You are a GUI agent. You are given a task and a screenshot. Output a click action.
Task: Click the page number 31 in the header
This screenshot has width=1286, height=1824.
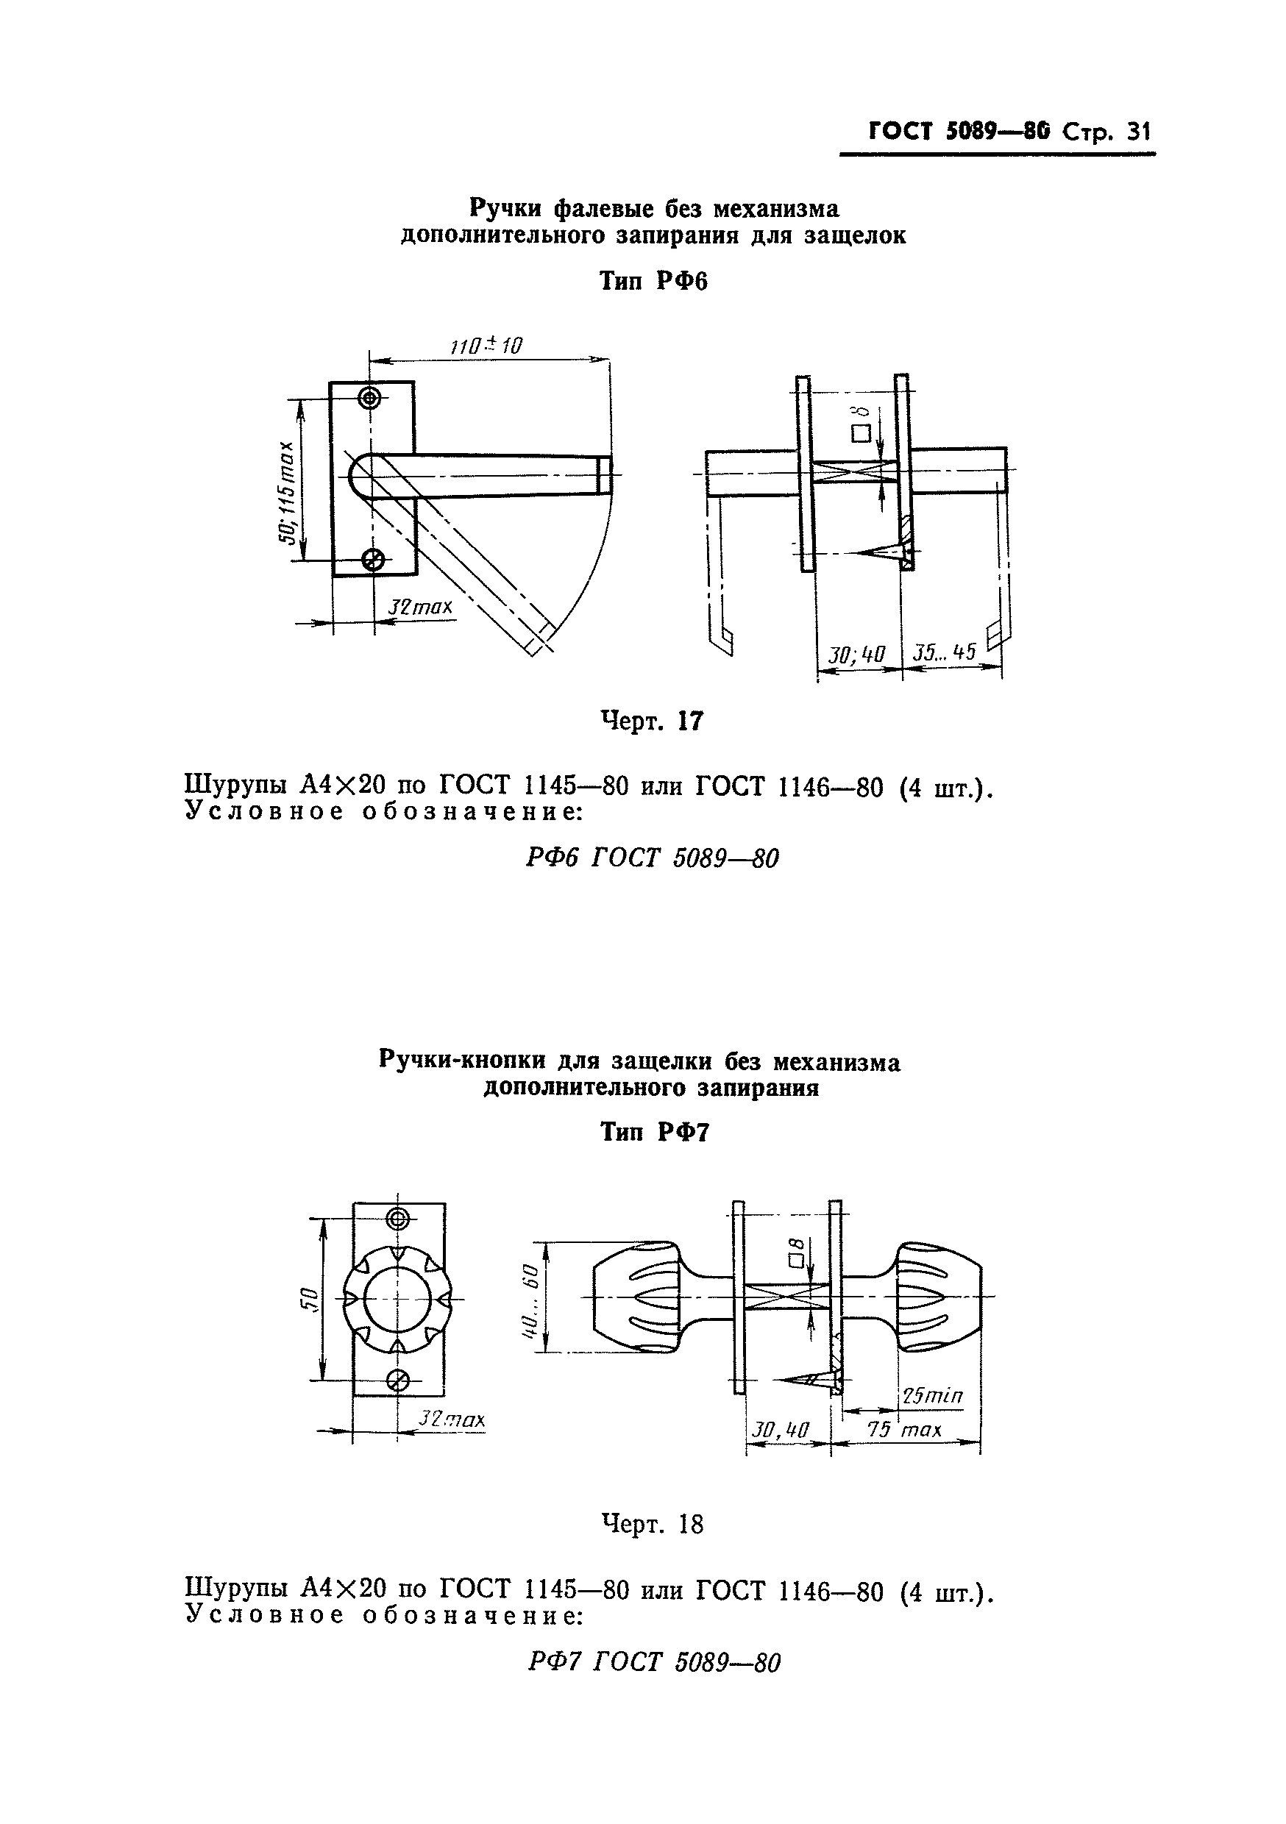1138,132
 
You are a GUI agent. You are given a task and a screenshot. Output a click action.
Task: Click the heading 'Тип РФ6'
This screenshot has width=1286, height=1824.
653,281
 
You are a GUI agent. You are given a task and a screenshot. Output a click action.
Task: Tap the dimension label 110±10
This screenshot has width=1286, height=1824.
486,346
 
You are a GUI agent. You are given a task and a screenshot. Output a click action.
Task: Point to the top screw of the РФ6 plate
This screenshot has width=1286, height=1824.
369,398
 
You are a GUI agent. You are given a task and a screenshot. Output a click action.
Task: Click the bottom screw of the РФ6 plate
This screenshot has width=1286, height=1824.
372,560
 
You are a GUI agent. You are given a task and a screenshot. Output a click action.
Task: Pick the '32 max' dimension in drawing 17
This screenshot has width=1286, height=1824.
419,607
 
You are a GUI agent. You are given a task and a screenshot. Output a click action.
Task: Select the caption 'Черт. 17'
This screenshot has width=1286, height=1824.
652,721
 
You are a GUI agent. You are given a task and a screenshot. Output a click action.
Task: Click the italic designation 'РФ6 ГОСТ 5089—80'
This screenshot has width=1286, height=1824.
652,858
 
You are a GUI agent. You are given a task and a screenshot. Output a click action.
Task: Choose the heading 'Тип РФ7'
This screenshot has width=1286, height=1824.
653,1131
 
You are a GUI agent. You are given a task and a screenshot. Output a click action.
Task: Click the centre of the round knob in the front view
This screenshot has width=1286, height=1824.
397,1300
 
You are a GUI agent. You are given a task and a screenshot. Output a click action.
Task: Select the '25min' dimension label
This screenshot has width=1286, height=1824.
931,1395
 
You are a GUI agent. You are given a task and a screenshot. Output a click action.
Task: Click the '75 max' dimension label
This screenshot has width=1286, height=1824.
903,1430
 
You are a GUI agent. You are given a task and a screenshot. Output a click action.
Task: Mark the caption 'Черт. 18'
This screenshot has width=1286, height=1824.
652,1524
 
